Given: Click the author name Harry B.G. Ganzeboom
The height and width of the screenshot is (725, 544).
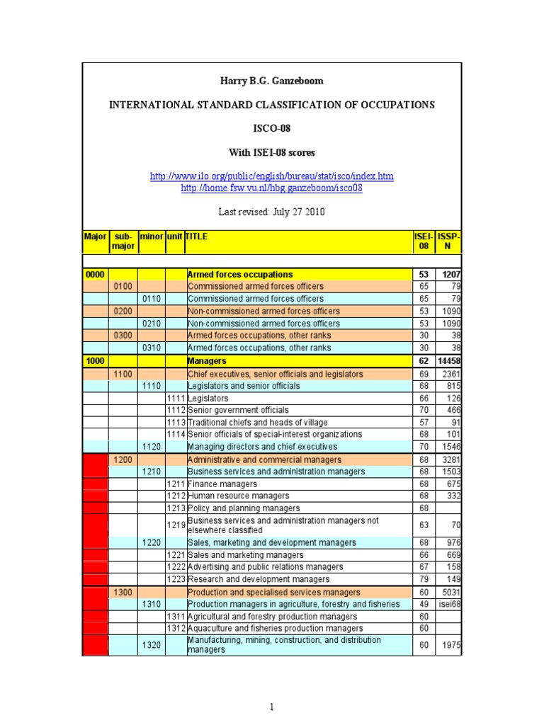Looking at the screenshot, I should (272, 81).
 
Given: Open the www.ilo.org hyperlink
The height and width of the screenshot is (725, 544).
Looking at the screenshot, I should (272, 176).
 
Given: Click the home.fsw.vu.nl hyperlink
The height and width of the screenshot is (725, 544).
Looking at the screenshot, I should (272, 188).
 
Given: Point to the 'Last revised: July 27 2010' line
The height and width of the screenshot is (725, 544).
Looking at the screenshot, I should (272, 212).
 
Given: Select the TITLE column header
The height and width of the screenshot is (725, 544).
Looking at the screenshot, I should (197, 236).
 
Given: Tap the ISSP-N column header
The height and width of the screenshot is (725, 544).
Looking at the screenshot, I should (448, 242).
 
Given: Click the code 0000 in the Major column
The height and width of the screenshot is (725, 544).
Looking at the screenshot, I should (94, 274).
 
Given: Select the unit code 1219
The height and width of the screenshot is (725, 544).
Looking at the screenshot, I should (175, 525).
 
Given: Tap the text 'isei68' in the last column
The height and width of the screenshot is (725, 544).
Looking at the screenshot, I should (448, 604).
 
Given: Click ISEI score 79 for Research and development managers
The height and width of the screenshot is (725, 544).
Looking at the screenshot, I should (424, 580).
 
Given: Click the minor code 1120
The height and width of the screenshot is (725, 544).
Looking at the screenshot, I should (151, 447).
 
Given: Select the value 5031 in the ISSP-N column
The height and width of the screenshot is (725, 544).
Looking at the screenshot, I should (450, 592).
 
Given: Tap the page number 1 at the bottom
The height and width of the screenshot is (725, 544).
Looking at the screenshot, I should (272, 706).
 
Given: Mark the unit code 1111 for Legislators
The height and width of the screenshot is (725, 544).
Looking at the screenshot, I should (175, 398).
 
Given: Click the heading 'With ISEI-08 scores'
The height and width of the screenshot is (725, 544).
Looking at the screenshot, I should (272, 152).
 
